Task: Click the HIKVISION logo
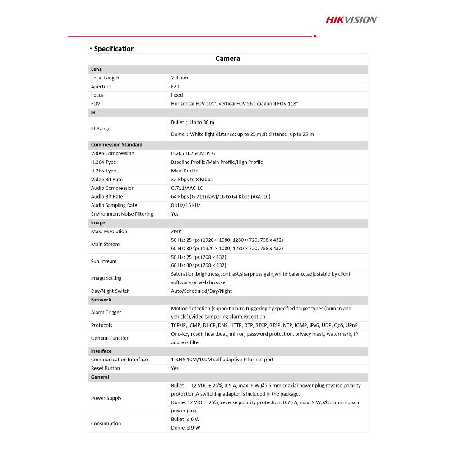click(352, 19)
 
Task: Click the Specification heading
click(114, 49)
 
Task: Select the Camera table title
click(228, 59)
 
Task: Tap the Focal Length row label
click(105, 78)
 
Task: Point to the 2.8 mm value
click(180, 78)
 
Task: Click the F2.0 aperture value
click(176, 87)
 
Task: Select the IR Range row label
click(101, 129)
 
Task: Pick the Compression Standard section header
click(116, 145)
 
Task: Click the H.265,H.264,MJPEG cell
click(193, 153)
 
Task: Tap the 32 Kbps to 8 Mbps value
click(192, 180)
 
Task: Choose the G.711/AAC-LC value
click(187, 188)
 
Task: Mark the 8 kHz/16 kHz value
click(185, 205)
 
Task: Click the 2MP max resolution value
click(176, 231)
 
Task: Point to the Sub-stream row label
click(104, 261)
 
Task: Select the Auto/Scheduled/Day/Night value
click(201, 291)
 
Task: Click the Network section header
click(101, 300)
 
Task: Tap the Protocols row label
click(102, 325)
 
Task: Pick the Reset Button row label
click(106, 368)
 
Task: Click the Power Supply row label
click(106, 398)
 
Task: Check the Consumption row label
click(106, 424)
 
